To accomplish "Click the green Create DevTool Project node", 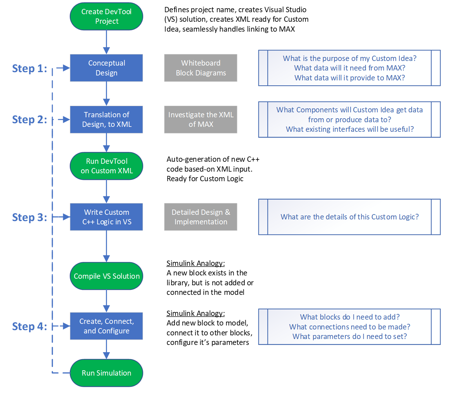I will click(x=106, y=16).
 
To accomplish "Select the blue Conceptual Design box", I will click(x=106, y=68).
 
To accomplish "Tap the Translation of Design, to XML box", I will click(x=106, y=120).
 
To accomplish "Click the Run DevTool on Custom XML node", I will click(x=106, y=166).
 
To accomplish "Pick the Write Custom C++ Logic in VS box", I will click(x=106, y=217).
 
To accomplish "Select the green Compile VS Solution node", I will click(x=106, y=276).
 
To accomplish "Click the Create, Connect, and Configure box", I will click(x=106, y=326).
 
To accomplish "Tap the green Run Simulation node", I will click(x=106, y=373).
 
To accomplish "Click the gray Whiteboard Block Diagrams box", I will click(x=200, y=68).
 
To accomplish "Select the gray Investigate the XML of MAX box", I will click(x=200, y=120).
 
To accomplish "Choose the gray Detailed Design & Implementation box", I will click(x=200, y=217).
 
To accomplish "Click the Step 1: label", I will click(x=30, y=69).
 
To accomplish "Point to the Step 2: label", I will click(x=30, y=120).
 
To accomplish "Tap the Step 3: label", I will click(x=30, y=217).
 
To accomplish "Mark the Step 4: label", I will click(x=30, y=326).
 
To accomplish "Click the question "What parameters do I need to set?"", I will click(x=350, y=336).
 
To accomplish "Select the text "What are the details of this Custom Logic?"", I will click(x=350, y=217).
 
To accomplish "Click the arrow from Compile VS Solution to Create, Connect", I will click(x=106, y=300).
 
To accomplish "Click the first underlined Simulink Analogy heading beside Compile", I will click(x=196, y=263).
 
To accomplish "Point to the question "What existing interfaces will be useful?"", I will click(x=350, y=129).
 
